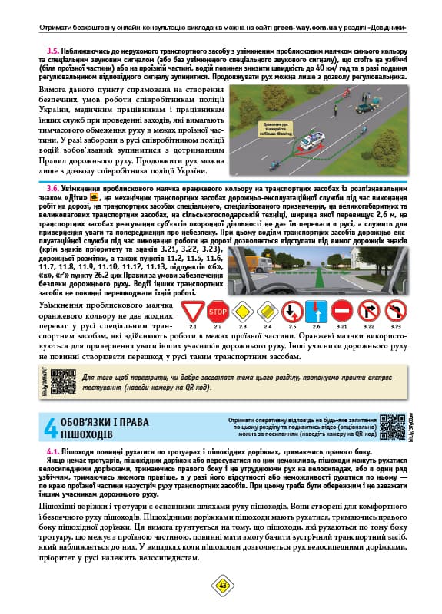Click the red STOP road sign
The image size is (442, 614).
pyautogui.click(x=218, y=311)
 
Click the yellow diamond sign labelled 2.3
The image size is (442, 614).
pyautogui.click(x=243, y=311)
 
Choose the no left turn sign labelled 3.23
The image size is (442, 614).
pyautogui.click(x=395, y=311)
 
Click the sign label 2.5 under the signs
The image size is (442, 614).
pyautogui.click(x=291, y=327)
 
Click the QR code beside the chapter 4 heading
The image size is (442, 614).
pyautogui.click(x=392, y=426)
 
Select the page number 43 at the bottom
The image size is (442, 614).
pyautogui.click(x=221, y=585)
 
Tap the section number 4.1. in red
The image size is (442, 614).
pyautogui.click(x=57, y=452)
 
